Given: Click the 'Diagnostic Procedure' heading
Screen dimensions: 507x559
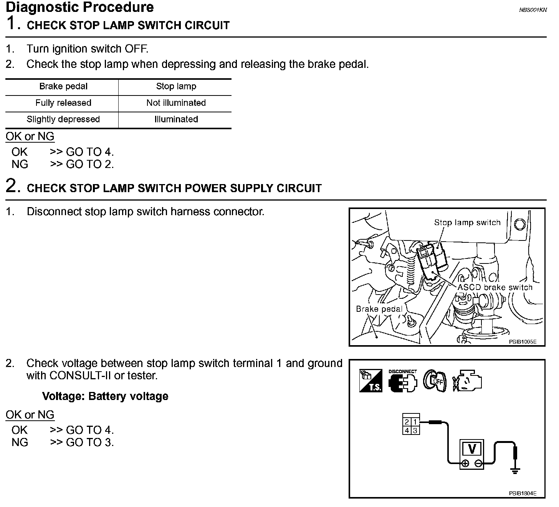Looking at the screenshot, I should coord(80,7).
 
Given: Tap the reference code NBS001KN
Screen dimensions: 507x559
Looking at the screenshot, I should coord(533,10).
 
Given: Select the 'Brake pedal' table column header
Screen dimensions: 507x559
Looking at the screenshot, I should coord(63,87).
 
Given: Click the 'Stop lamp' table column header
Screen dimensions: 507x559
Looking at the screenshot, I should coord(176,87).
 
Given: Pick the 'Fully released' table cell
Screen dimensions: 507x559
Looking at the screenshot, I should coord(63,103).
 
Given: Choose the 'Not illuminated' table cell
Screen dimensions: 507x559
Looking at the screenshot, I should coord(176,103).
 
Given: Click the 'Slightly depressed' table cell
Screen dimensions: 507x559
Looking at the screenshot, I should coord(63,120).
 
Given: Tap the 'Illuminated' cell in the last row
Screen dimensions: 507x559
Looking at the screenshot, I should coord(176,120).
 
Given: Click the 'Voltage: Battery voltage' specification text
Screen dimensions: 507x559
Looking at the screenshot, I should coord(105,396).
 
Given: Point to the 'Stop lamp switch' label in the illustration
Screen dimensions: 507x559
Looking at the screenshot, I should coord(467,223).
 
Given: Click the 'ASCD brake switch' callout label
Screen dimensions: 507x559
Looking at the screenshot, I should coord(495,288).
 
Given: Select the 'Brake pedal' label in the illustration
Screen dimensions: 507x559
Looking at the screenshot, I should coord(379,309).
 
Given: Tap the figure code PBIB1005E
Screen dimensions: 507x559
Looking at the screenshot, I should coord(523,341).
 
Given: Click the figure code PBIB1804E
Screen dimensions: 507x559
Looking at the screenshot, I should coord(523,494).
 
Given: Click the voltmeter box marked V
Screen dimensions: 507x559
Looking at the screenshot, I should coord(472,454).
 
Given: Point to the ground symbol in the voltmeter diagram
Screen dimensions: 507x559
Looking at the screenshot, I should coord(515,469).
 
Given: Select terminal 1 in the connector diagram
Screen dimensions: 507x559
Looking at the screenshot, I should coord(415,422).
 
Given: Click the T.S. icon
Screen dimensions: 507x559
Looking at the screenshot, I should coord(370,381).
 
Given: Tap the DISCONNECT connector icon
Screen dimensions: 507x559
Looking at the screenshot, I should coord(402,381).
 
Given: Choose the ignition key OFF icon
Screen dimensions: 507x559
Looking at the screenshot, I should coord(435,381).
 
